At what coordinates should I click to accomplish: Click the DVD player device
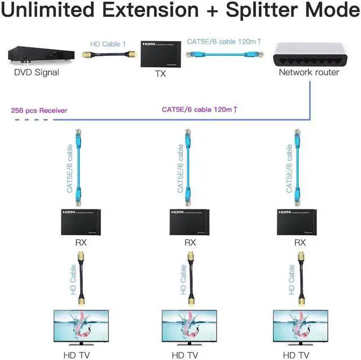(x=38, y=56)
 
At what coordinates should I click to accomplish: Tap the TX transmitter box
(x=161, y=54)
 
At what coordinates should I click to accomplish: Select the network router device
(x=308, y=53)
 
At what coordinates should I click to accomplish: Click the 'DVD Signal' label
(x=37, y=72)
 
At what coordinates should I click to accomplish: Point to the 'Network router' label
(x=309, y=72)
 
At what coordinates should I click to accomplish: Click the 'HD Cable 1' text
(x=109, y=43)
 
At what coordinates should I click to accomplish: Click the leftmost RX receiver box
(x=80, y=221)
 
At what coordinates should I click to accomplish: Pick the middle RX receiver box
(x=191, y=221)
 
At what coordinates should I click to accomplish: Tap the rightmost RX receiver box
(x=300, y=221)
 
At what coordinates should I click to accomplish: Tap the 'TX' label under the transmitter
(x=161, y=74)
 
